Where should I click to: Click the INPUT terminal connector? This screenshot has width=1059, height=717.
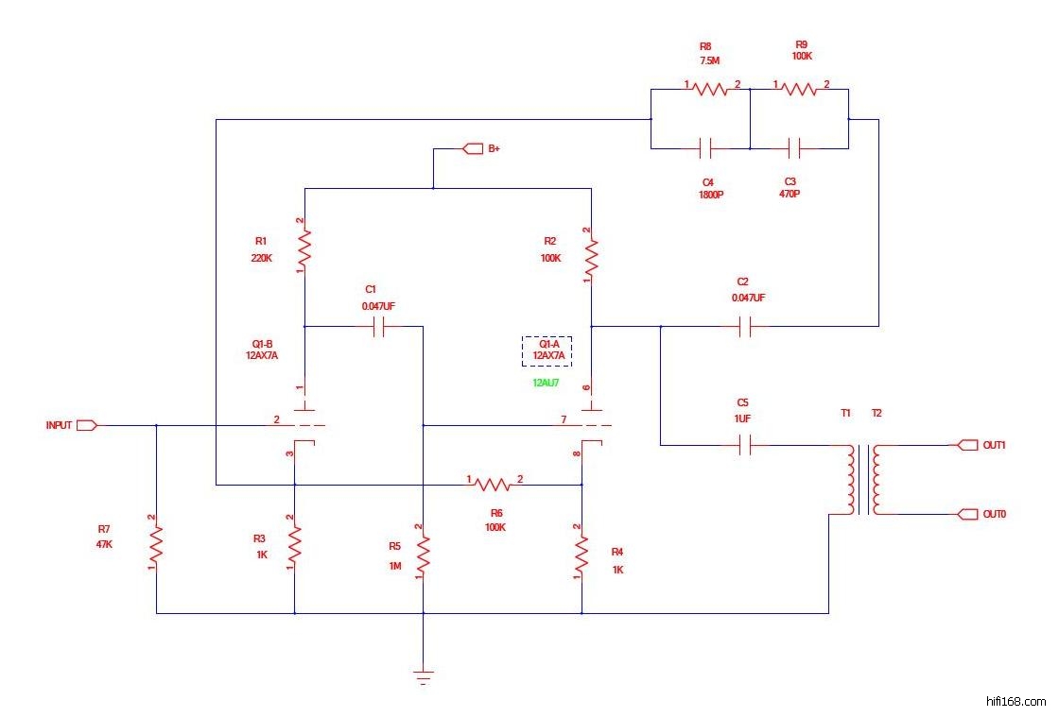(86, 425)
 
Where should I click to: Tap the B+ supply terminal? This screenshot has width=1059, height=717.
(470, 148)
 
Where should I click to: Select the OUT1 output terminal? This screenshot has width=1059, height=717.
(968, 445)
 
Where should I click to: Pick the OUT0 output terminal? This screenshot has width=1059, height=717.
(968, 514)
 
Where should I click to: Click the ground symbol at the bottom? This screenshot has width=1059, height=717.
(423, 675)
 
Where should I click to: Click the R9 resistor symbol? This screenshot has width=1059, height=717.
(799, 89)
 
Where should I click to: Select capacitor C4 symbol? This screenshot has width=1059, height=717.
(705, 147)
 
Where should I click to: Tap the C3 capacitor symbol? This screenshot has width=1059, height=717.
(795, 147)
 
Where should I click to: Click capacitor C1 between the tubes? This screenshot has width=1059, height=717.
(379, 327)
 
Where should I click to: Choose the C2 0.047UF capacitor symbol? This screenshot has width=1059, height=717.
(744, 327)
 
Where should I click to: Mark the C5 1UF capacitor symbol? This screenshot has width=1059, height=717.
(744, 445)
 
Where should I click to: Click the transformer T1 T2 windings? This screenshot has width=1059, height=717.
(862, 480)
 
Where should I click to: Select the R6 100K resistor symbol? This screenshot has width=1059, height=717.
(493, 485)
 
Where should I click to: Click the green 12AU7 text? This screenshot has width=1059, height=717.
(547, 384)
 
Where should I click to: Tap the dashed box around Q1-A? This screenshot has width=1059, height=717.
(547, 350)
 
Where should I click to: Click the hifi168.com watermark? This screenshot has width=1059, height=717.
(1016, 701)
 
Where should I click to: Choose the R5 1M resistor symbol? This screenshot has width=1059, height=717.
(423, 553)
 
